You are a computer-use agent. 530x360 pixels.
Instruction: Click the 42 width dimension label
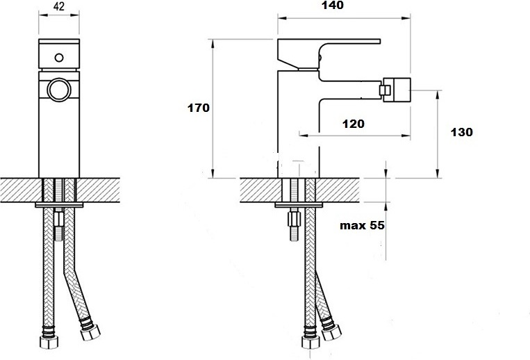point(59,6)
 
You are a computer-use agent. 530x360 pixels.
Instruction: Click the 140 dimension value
point(333,5)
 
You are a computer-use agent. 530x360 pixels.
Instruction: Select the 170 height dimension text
point(199,108)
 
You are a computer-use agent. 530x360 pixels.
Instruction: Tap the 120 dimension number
point(354,124)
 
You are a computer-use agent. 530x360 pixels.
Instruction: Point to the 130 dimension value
point(461,132)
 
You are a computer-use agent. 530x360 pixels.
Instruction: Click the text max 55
point(362,225)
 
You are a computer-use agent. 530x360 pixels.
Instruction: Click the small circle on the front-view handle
point(59,58)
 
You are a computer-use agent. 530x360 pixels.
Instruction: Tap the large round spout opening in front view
point(59,90)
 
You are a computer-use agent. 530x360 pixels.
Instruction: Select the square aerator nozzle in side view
point(395,90)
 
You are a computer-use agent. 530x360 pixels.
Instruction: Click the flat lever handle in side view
point(329,54)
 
